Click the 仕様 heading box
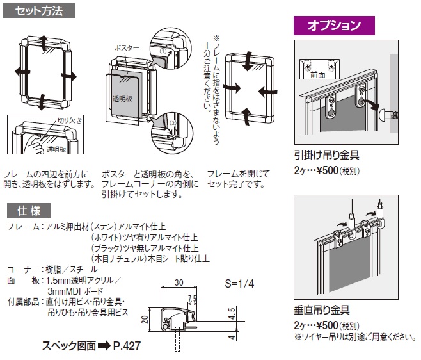coord(29,209)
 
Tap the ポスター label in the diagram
coord(127,49)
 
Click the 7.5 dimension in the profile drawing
coord(191,299)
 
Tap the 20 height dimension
coord(145,320)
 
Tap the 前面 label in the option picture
coord(318,75)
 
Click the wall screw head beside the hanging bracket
coord(386,116)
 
